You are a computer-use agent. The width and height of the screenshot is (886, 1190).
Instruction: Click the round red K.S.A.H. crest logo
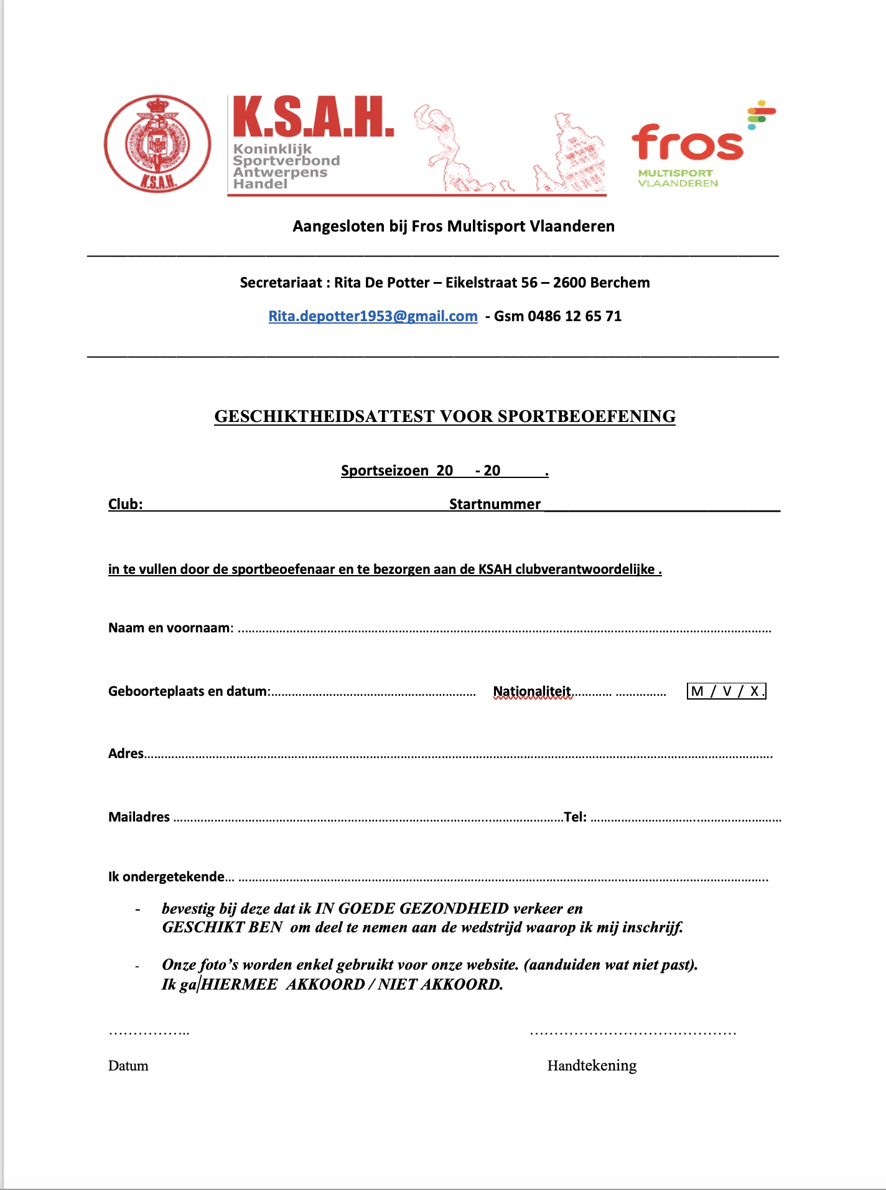click(157, 144)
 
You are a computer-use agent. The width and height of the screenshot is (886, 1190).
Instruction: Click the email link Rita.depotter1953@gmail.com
click(373, 316)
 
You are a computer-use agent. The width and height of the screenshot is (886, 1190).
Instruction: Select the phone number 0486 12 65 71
click(574, 316)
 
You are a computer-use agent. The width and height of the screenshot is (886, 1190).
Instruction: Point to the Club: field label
click(125, 504)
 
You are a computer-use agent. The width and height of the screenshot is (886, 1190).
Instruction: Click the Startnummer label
click(495, 504)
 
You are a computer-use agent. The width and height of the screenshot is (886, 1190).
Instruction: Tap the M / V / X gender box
click(726, 691)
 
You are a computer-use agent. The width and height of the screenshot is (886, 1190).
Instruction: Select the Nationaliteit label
click(532, 691)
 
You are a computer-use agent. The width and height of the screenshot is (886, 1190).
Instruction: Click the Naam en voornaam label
click(170, 627)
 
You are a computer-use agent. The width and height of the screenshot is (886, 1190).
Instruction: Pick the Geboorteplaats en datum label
click(189, 691)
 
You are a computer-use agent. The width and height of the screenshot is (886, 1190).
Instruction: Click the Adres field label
click(126, 754)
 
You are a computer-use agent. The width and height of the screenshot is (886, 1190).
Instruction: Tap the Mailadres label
click(139, 817)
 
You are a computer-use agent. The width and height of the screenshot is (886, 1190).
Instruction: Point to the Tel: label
click(575, 817)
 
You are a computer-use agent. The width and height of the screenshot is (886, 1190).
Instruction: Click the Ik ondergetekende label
click(166, 877)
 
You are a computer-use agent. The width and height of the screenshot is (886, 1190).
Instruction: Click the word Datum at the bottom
click(128, 1066)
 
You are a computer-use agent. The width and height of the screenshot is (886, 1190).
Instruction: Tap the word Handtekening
click(592, 1066)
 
